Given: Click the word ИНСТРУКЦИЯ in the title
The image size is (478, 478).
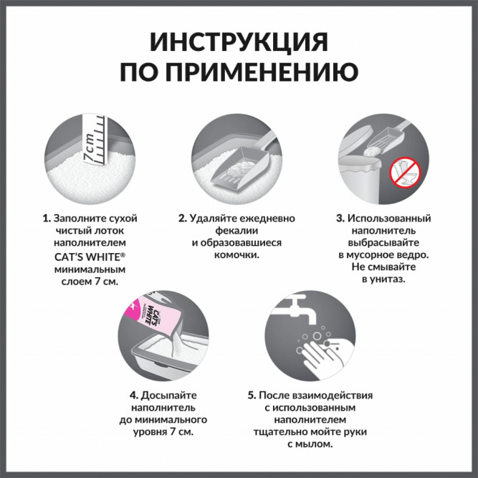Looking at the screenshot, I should (x=239, y=42).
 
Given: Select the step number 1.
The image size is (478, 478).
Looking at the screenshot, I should (x=45, y=217).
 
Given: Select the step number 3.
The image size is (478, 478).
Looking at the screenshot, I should (x=340, y=217).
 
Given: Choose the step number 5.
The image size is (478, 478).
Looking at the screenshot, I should (x=252, y=394).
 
